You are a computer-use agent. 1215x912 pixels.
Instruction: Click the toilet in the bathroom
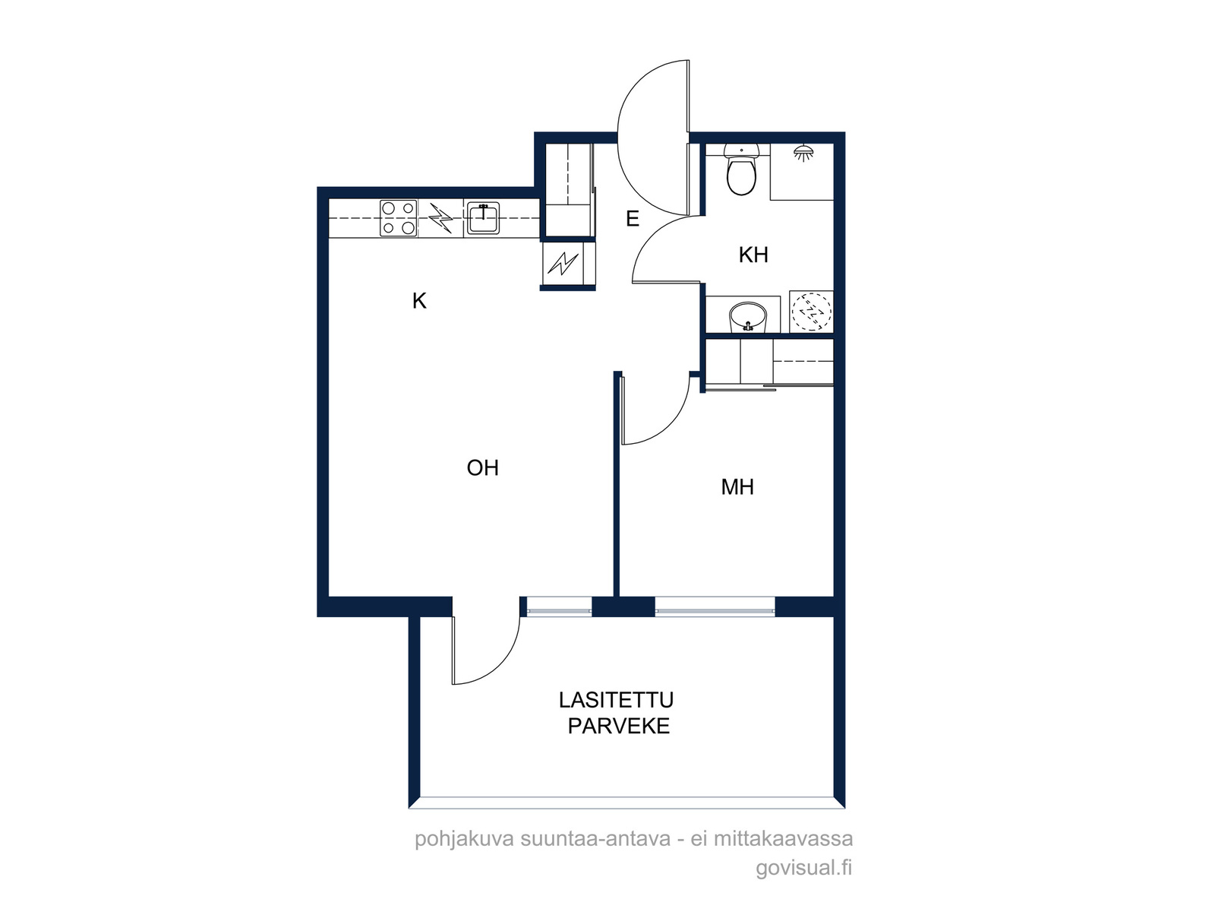[741, 169]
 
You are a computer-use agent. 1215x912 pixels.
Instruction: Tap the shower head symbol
[803, 152]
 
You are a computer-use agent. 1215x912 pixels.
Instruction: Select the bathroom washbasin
[748, 317]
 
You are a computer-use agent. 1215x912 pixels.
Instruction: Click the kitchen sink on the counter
[483, 218]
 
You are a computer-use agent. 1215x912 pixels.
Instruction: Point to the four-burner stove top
[399, 218]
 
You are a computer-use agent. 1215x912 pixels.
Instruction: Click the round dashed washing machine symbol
[811, 312]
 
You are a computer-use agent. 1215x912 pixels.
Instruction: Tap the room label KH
[753, 255]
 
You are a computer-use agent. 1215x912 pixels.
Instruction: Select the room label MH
[737, 486]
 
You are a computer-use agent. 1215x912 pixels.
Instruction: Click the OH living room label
[483, 468]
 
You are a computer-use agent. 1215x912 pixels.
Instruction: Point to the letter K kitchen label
[420, 301]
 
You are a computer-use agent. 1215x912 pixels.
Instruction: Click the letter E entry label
[632, 219]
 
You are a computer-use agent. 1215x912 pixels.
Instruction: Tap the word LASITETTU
[616, 700]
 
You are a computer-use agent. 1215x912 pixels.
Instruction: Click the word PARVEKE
[619, 726]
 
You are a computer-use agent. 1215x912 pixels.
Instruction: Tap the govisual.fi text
[803, 868]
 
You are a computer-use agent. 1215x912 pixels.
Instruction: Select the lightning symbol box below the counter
[563, 264]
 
